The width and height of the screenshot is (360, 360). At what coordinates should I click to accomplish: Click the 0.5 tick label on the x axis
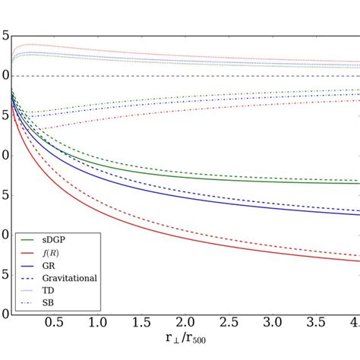coord(53,323)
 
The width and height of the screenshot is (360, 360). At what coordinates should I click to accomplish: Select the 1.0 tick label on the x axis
coord(96,323)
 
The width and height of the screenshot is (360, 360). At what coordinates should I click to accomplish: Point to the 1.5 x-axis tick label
coord(140,323)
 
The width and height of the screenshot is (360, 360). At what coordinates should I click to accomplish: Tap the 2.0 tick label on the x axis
coord(183,323)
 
